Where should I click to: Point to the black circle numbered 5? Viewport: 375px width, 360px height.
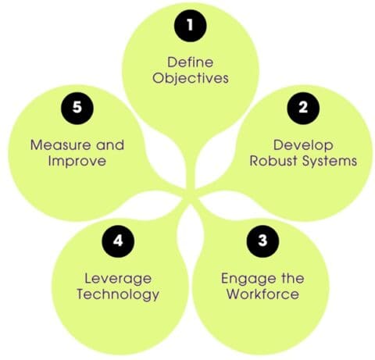(77, 109)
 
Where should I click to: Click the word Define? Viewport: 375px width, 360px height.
(189, 62)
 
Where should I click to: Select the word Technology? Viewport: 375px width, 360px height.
(123, 294)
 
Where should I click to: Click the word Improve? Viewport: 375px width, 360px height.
(76, 162)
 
